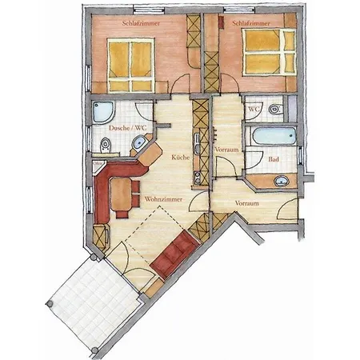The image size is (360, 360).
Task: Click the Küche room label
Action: coord(180,157)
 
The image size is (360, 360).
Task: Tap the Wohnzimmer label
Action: coord(163,199)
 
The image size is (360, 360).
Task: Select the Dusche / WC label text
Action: coord(128,128)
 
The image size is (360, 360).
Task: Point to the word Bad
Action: coord(274,159)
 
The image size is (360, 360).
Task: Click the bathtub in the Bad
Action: coord(274,136)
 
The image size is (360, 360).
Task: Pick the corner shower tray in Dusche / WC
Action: coord(104,112)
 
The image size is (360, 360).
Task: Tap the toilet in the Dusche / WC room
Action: coord(106,146)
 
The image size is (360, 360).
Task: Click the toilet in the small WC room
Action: coord(275,109)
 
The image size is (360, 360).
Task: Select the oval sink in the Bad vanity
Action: coord(282,181)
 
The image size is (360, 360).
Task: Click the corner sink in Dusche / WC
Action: coord(138,142)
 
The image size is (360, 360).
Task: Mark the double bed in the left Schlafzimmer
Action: coord(131,66)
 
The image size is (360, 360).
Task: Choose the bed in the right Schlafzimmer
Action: coord(270,52)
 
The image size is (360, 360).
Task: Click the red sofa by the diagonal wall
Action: coord(175,254)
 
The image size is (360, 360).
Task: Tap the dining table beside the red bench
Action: coord(121,194)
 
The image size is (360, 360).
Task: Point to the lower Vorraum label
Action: coord(247,203)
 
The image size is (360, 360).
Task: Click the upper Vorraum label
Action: coord(226,150)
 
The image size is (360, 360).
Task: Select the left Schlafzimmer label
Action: coord(141,23)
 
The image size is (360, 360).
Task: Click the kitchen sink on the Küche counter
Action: coord(197,144)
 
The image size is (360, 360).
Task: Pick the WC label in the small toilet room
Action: coord(254,110)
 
